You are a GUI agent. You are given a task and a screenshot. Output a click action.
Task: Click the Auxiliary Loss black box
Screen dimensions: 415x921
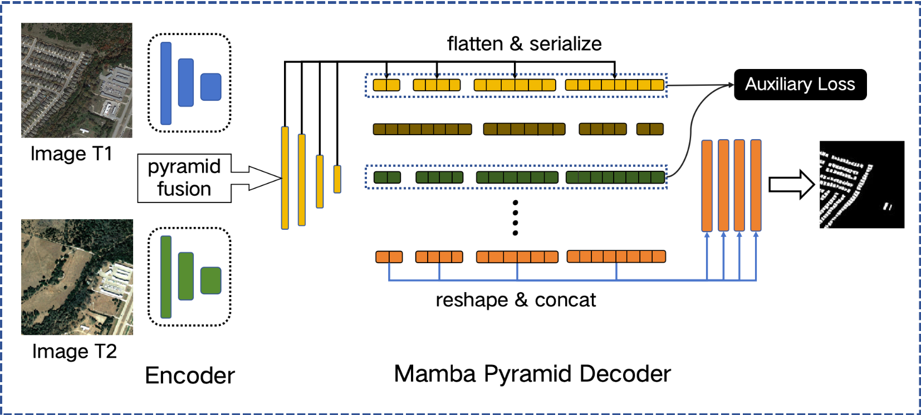[800, 85]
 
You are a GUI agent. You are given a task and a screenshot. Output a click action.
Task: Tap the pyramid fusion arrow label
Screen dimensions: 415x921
[184, 178]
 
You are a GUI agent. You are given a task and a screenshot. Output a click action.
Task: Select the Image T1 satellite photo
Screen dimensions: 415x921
[77, 80]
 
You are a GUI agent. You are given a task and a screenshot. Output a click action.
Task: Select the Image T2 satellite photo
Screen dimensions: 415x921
[77, 277]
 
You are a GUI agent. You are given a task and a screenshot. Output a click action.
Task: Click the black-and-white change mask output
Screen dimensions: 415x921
[861, 185]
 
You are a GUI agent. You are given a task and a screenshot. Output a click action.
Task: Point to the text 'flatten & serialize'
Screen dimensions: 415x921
[524, 44]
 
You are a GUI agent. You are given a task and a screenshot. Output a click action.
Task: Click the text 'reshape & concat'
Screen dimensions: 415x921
[515, 300]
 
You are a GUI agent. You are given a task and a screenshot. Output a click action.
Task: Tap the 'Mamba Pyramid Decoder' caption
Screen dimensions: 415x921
[532, 374]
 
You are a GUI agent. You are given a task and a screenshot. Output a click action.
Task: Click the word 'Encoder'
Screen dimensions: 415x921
[190, 376]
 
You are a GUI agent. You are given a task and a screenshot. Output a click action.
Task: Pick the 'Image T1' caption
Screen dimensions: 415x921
[71, 154]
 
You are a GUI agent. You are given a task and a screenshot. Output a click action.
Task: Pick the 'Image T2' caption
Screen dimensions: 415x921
[74, 351]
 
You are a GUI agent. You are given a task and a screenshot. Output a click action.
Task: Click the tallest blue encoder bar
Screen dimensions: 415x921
[166, 83]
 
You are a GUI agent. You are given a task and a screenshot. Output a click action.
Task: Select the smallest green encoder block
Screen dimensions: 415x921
[211, 280]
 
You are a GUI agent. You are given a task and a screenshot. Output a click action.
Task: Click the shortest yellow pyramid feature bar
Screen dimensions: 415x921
[337, 179]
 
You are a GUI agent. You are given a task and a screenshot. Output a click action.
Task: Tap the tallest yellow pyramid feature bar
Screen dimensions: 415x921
[285, 177]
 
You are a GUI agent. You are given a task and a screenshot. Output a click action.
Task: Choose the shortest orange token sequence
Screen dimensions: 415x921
[389, 257]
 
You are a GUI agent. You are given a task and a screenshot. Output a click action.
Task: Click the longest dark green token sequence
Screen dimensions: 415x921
[615, 177]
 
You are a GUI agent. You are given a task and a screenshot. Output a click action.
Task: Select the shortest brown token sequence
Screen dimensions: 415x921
[650, 129]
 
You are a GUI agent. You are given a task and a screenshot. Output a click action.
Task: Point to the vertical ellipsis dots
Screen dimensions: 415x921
[515, 218]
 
